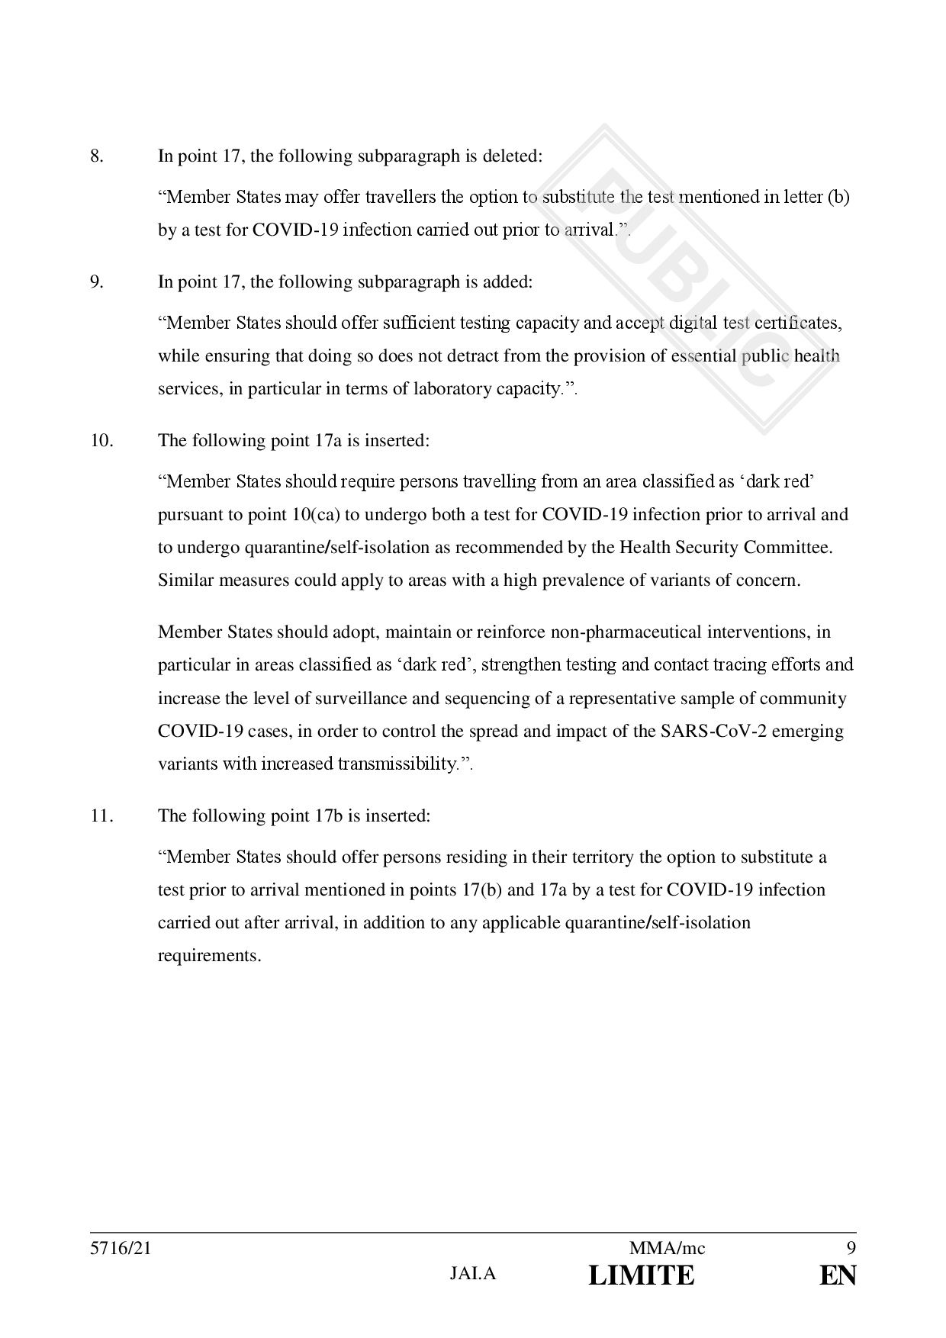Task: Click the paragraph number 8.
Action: coord(96,156)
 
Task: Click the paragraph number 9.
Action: coord(96,282)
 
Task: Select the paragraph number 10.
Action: coord(101,441)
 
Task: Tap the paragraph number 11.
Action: coord(101,816)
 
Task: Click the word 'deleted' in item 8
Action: coord(513,156)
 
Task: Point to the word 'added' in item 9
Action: coord(509,282)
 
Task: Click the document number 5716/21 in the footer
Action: coord(115,1249)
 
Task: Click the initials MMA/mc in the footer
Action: coord(667,1249)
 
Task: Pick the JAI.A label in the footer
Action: coord(473,1274)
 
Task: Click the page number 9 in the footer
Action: coord(851,1249)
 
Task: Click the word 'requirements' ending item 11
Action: coord(208,956)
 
